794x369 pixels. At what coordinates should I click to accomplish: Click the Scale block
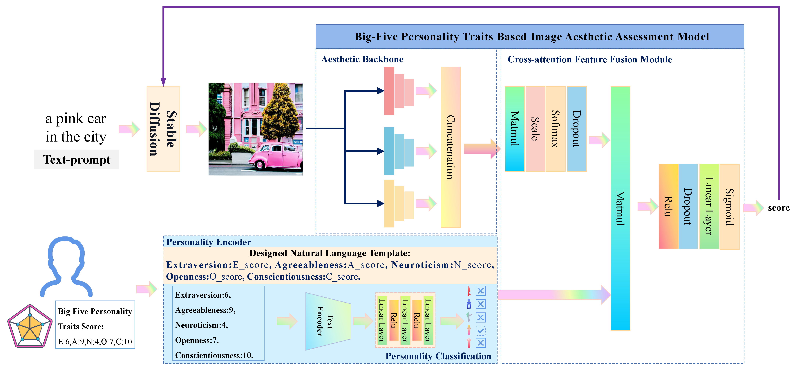(535, 129)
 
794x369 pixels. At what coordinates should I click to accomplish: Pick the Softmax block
(555, 129)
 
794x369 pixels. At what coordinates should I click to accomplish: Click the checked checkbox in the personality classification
(480, 330)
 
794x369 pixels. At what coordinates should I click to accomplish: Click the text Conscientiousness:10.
(214, 355)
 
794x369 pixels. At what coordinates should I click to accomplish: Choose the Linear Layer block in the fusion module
(709, 207)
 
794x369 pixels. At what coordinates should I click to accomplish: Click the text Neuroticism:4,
(201, 325)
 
